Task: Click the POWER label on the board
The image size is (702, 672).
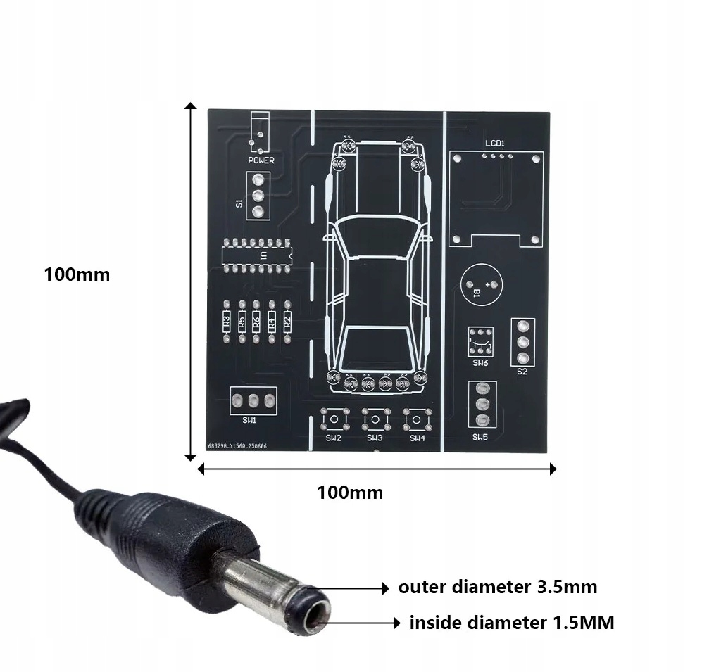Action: point(261,160)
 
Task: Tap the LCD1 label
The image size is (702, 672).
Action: point(495,144)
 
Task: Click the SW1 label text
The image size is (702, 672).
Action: point(249,420)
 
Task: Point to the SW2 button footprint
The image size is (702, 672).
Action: point(333,421)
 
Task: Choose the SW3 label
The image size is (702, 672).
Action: point(375,438)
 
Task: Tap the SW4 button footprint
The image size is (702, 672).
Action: point(418,421)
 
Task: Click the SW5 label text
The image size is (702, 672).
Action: point(480,437)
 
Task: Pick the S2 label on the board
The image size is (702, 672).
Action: point(522,372)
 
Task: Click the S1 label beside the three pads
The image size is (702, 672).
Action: point(239,203)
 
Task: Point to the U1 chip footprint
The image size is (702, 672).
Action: point(255,255)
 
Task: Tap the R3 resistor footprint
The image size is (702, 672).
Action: point(226,322)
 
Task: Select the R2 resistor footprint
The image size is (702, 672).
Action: point(287,322)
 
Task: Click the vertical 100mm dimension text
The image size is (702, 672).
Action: point(77,274)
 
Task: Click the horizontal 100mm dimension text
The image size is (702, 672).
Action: point(350,493)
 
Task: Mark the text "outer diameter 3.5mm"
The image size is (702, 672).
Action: point(497,587)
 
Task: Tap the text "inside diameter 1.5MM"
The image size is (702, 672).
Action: point(511,623)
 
